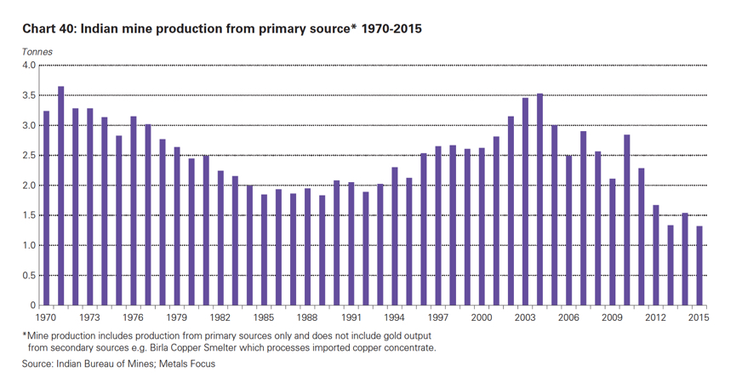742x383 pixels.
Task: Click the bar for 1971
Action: pos(60,196)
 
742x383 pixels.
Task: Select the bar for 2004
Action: pos(539,200)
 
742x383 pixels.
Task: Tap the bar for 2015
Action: pos(699,266)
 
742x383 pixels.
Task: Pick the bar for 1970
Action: pos(46,209)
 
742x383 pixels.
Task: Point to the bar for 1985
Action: pos(264,250)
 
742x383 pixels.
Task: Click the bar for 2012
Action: pos(656,255)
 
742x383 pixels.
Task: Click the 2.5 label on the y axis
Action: pos(28,156)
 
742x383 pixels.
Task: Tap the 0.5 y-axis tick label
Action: pos(28,276)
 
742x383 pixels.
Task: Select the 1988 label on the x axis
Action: pos(307,317)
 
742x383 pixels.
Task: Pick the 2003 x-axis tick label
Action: pos(525,317)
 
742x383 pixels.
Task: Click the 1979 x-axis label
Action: pos(177,317)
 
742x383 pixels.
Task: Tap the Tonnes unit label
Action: pos(37,52)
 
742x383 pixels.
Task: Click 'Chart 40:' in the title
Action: pos(49,29)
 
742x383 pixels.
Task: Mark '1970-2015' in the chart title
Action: pos(391,29)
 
